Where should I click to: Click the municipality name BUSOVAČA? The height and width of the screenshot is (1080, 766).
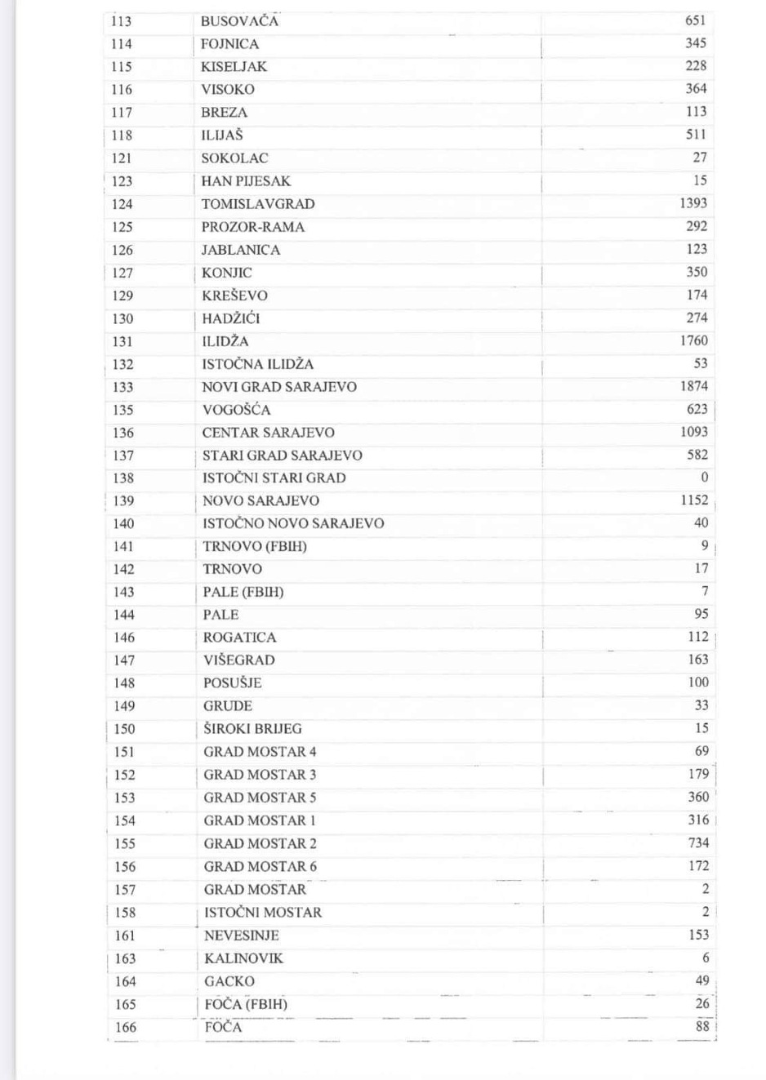[x=239, y=21]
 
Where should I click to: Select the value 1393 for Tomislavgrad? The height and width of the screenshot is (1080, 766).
[x=693, y=203]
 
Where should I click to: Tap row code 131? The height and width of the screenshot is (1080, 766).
[x=122, y=341]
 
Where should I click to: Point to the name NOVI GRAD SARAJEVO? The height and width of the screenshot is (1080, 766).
[x=279, y=387]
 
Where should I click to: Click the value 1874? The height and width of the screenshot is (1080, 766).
[x=693, y=386]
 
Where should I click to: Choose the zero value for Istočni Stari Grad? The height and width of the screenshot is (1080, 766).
[x=704, y=478]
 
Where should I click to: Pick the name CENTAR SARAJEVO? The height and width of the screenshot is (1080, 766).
[x=268, y=433]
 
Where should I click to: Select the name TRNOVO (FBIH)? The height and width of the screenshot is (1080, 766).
[x=255, y=546]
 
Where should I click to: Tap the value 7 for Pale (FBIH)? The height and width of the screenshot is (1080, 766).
[x=705, y=591]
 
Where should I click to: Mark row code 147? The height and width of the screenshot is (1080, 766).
[x=124, y=660]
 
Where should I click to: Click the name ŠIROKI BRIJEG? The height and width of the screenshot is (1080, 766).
[x=252, y=729]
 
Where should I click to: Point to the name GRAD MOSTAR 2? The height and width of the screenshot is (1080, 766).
[x=260, y=843]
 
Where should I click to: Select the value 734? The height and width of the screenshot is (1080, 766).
[x=698, y=843]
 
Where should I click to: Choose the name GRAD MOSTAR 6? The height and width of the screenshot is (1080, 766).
[x=260, y=866]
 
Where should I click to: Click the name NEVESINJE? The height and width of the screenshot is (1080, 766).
[x=241, y=936]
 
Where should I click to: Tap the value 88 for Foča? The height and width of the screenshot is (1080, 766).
[x=702, y=1027]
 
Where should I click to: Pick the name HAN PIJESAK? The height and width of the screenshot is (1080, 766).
[x=246, y=181]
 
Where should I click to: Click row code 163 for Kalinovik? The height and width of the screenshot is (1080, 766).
[x=125, y=958]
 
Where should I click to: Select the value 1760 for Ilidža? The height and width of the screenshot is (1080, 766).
[x=693, y=340]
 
